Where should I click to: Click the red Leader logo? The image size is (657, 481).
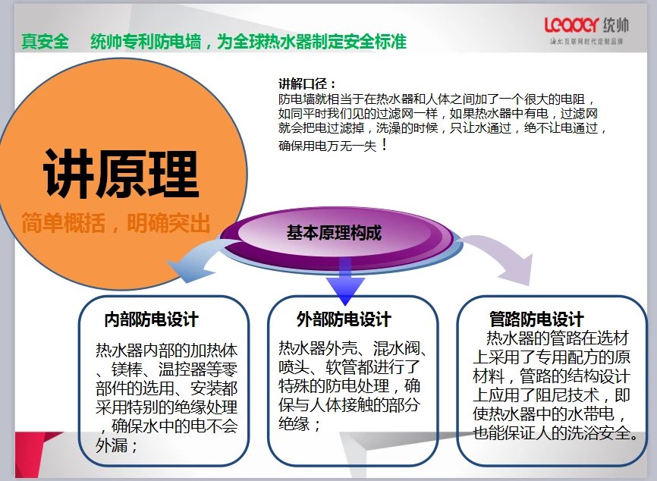571,25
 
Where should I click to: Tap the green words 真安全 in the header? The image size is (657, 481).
45,42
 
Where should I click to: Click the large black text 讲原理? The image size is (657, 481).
121,174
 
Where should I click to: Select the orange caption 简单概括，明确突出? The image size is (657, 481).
115,222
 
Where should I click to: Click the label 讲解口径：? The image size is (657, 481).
307,83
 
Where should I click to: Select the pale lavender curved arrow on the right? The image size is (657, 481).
501,256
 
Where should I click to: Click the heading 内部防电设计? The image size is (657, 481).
151,319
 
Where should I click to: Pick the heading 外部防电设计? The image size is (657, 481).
344,319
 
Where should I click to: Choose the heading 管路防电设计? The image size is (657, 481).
536,319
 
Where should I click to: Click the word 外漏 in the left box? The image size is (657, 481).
112,445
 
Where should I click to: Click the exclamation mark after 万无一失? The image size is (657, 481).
385,146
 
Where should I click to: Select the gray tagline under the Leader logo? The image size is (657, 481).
586,42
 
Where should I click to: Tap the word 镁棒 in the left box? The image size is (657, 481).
127,369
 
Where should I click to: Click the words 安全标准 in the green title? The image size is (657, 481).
375,42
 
